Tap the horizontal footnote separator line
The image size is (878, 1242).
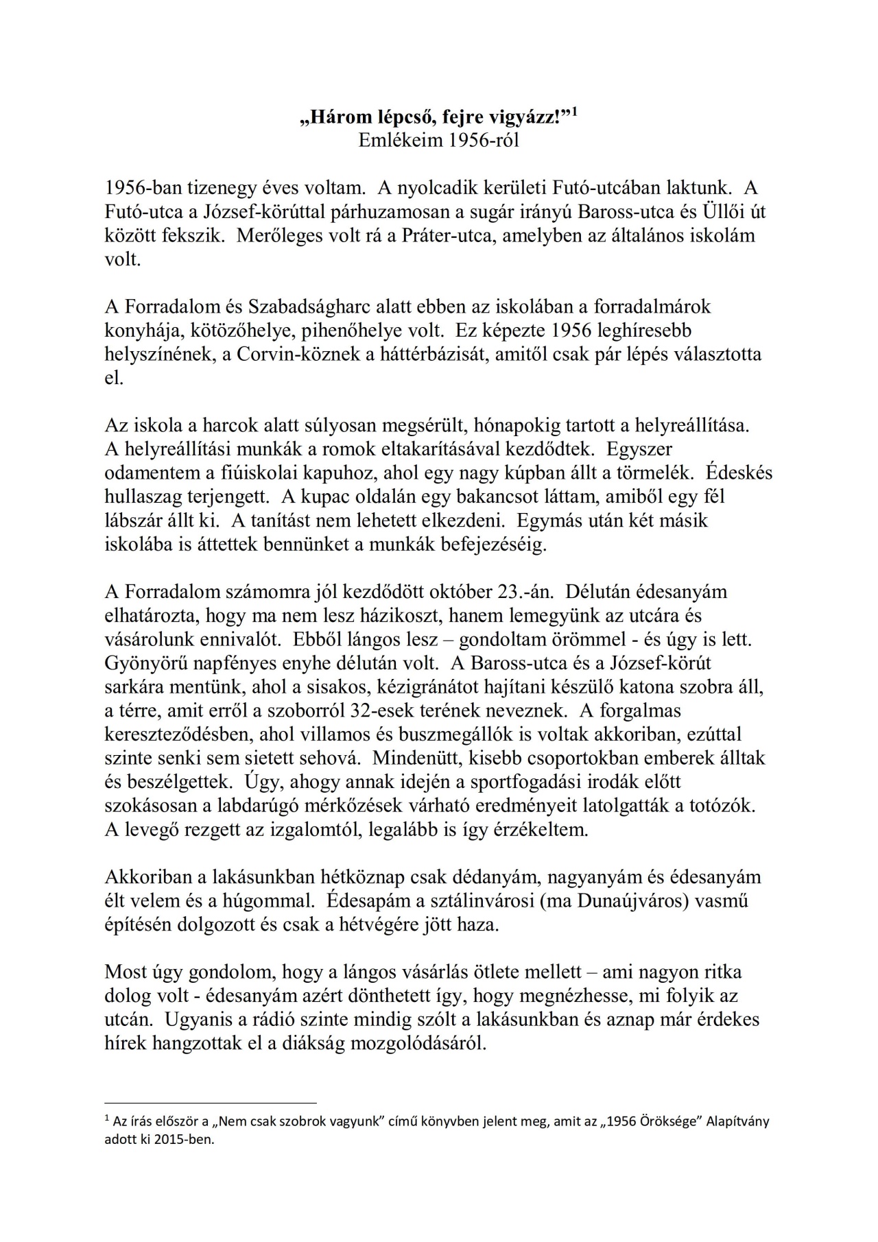210,1103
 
